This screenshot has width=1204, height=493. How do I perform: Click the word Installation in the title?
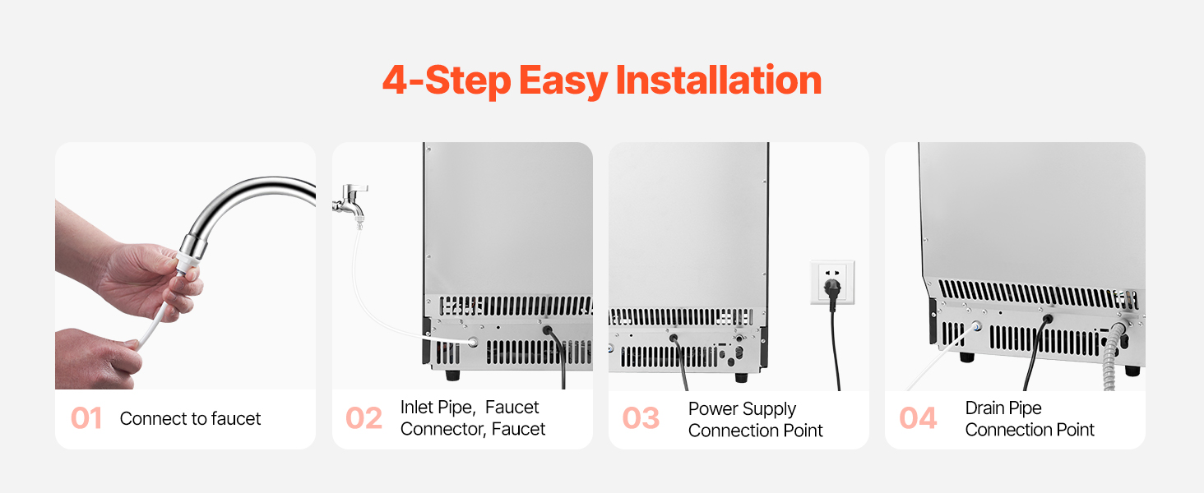(x=719, y=80)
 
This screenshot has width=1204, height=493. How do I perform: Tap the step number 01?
(x=86, y=417)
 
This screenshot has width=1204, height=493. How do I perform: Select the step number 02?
(x=364, y=417)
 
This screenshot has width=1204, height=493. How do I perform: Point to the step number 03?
(x=641, y=417)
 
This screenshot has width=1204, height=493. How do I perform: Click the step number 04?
(x=918, y=417)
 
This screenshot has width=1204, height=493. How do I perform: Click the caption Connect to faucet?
(x=190, y=418)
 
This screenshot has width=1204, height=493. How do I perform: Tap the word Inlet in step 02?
(x=419, y=407)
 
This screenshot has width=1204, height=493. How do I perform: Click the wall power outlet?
(x=832, y=283)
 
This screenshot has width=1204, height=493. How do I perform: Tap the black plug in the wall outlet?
(x=832, y=290)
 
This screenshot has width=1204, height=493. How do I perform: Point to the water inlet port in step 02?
(x=473, y=342)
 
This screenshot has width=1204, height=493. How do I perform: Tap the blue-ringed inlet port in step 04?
(x=976, y=326)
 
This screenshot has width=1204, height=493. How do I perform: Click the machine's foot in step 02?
(x=452, y=375)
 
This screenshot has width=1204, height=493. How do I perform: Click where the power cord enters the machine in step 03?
(x=674, y=339)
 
